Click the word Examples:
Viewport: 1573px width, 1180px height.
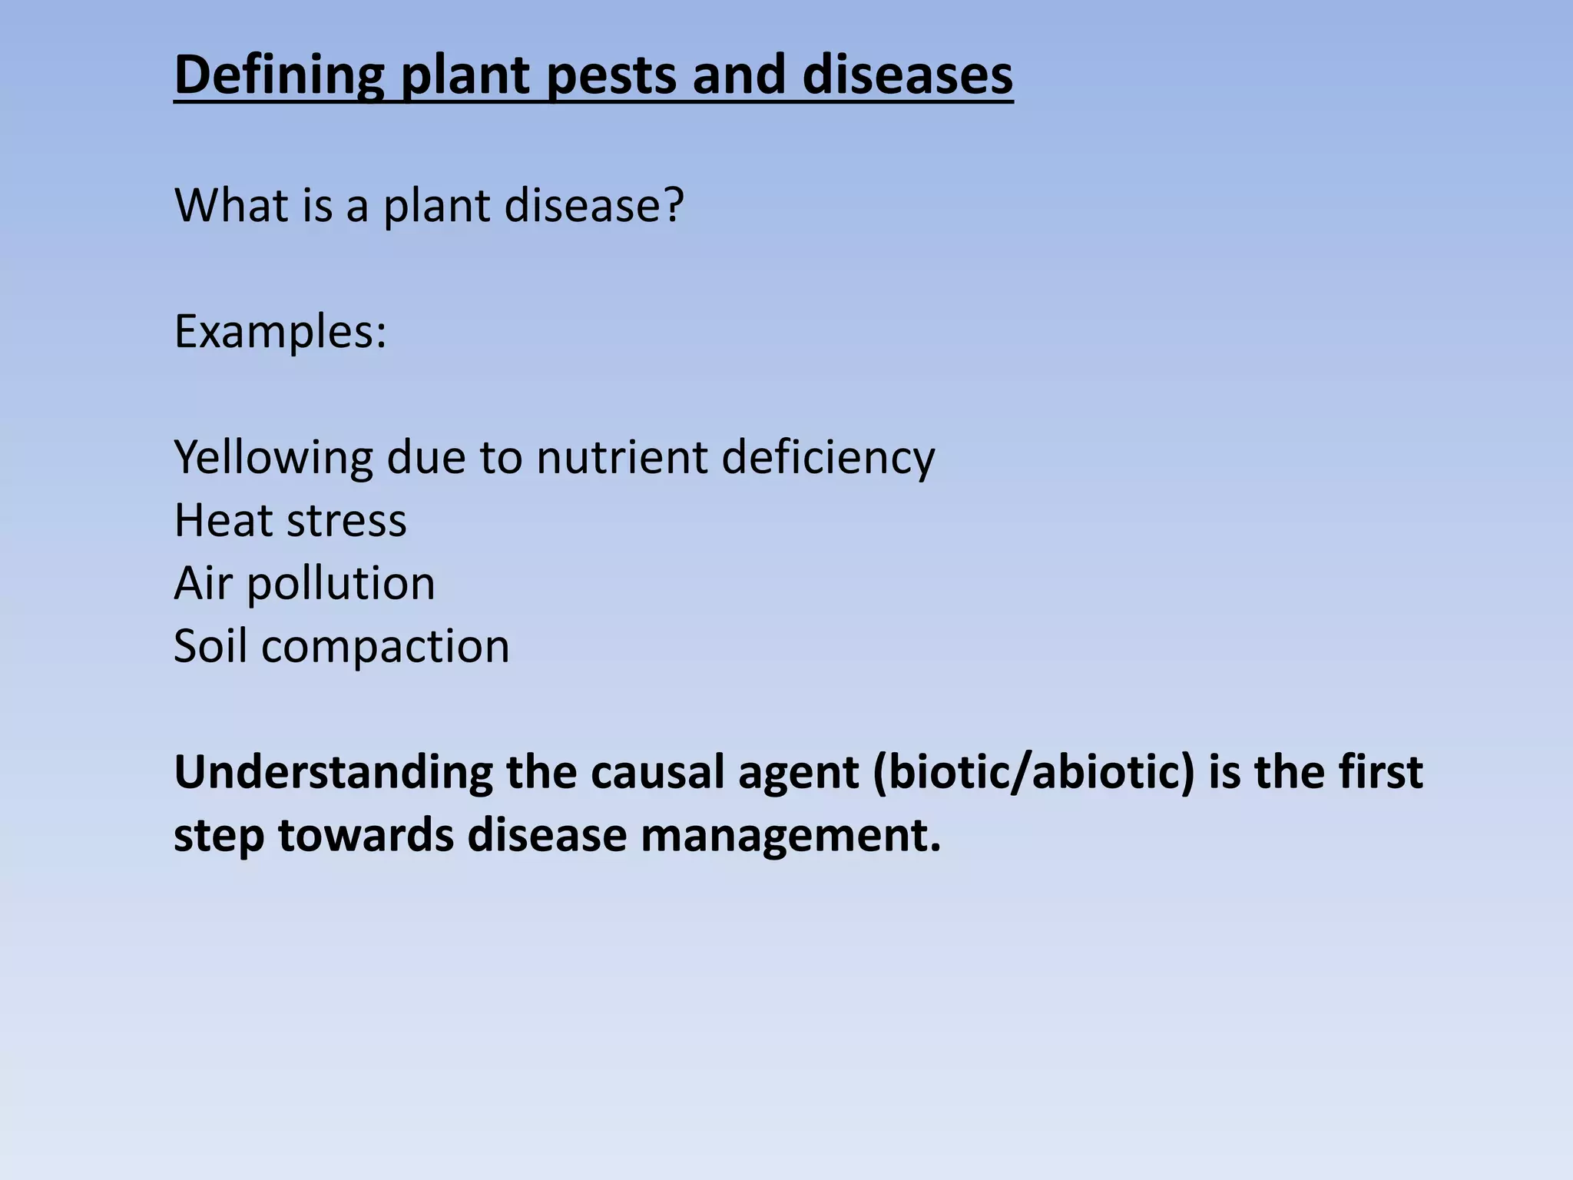[x=280, y=332]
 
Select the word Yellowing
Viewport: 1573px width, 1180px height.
[x=273, y=457]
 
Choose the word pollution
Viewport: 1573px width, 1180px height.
[x=340, y=584]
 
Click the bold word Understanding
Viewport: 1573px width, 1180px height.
[x=333, y=773]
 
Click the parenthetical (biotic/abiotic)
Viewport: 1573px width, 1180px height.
[x=1034, y=773]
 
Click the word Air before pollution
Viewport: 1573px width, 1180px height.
[x=202, y=584]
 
